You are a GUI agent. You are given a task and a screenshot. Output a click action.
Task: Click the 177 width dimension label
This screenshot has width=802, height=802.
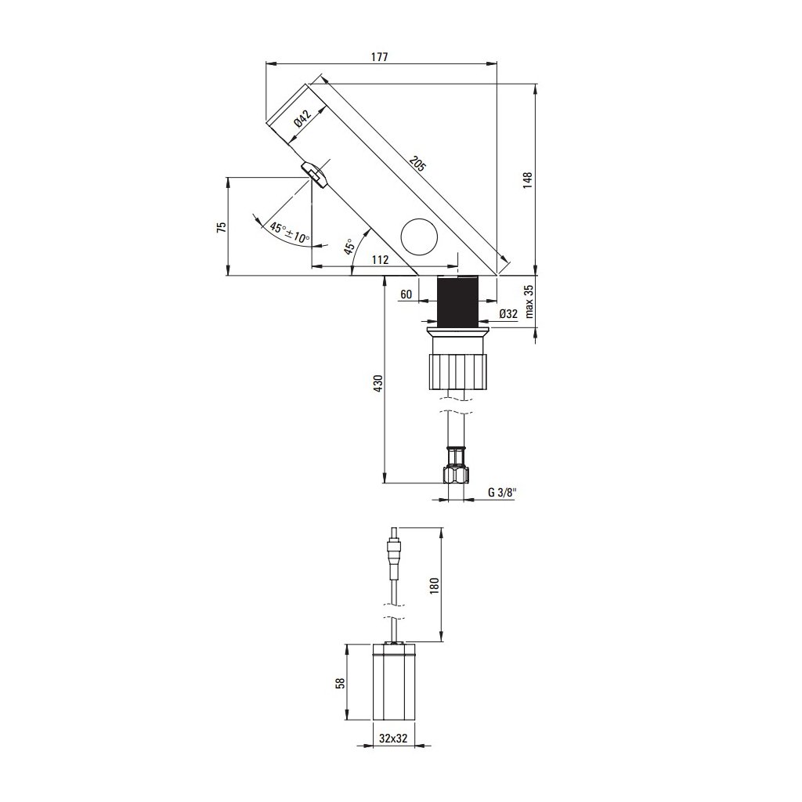point(381,56)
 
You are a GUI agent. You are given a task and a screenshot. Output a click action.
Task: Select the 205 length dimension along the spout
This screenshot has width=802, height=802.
point(416,164)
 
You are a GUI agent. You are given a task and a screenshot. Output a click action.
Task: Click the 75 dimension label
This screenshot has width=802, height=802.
point(222,227)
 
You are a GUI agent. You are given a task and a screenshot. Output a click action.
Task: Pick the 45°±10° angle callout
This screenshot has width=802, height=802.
point(290,232)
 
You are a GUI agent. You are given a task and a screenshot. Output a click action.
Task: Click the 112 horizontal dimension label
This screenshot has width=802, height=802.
point(381,260)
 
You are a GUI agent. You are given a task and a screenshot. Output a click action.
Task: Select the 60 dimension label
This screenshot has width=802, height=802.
point(406,294)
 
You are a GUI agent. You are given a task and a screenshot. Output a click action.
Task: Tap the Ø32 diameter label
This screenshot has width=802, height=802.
point(508,315)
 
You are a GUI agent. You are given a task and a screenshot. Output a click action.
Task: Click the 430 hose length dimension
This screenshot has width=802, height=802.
point(378,384)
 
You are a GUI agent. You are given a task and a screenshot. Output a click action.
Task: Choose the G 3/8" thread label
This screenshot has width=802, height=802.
point(503,493)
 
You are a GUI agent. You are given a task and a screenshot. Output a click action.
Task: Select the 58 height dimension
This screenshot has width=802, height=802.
point(338,682)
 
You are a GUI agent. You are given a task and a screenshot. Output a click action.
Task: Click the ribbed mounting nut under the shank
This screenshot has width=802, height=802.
point(458,370)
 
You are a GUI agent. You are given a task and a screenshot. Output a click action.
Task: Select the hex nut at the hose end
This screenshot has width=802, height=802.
point(457,473)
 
